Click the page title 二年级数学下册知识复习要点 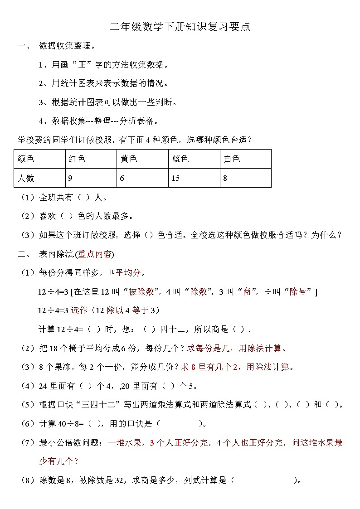click(180, 27)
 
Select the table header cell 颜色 click(26, 159)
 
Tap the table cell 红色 click(77, 159)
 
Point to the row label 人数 click(26, 178)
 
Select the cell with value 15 click(175, 178)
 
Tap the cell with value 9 click(70, 178)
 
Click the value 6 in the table click(122, 178)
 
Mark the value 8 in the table click(225, 178)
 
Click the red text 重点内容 click(95, 254)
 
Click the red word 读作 click(79, 310)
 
